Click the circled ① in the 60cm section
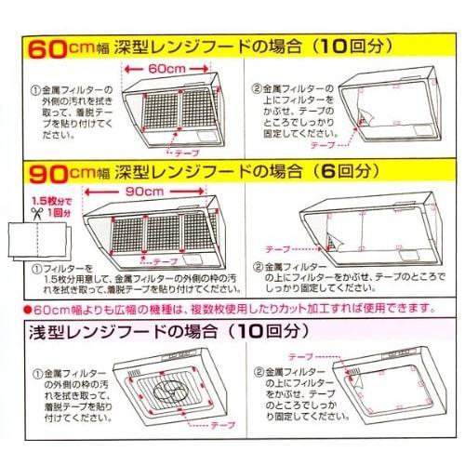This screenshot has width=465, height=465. [34, 90]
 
